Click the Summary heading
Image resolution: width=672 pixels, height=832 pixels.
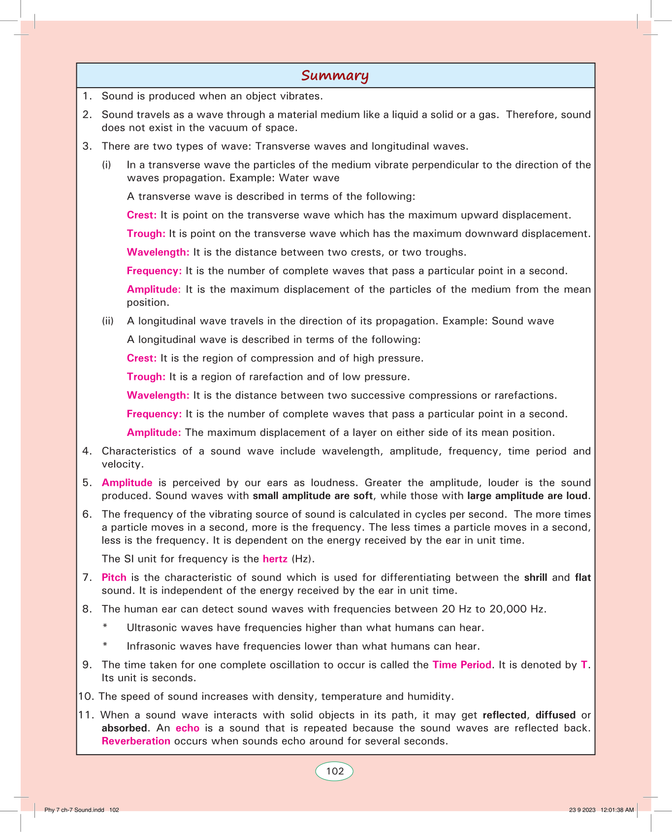[x=335, y=75]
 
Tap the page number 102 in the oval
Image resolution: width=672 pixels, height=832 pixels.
[x=335, y=771]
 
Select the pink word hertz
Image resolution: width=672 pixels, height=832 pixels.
[x=275, y=559]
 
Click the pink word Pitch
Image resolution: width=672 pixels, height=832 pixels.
[x=114, y=577]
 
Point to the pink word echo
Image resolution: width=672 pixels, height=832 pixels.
[x=187, y=728]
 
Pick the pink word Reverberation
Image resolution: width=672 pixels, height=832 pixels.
[x=136, y=741]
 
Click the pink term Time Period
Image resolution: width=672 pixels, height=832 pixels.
[x=462, y=665]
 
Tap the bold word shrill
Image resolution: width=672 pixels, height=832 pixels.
[x=535, y=577]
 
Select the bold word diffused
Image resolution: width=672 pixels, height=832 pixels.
[x=555, y=715]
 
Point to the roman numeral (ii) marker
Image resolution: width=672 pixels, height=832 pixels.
[x=108, y=321]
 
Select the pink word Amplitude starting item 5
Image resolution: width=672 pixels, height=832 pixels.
[x=127, y=483]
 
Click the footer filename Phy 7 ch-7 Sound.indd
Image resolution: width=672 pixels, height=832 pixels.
[x=74, y=810]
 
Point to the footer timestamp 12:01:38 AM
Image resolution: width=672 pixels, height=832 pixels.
[x=617, y=810]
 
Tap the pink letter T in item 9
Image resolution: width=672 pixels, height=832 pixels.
[x=584, y=665]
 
